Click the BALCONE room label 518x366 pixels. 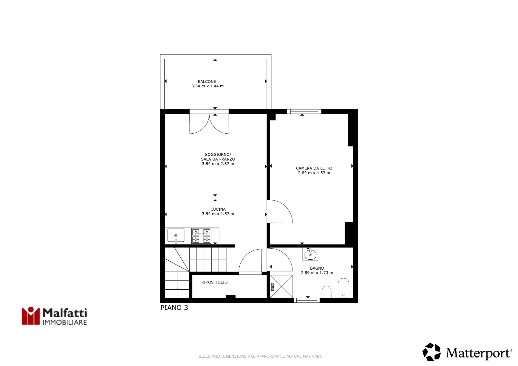coord(207,81)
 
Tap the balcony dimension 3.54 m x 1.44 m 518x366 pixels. coord(208,86)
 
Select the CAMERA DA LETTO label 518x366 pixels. coord(314,168)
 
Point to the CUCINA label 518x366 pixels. coord(218,209)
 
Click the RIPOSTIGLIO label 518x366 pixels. coord(214,282)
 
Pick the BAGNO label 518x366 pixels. coord(317,268)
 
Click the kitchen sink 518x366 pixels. coord(176,235)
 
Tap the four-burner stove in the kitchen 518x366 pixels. coord(201,235)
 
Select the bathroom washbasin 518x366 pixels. coord(310,254)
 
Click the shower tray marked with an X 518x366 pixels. coord(281,287)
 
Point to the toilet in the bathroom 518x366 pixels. coord(343,288)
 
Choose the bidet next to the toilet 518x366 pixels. coord(327,292)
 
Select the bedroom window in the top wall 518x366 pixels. coord(304,112)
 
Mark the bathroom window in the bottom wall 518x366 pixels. coord(307,300)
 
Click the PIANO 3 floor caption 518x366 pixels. coord(174,308)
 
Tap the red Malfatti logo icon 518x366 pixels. coord(31,316)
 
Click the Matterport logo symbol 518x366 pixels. coord(432,352)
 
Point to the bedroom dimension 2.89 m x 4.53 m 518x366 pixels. coord(314,173)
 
